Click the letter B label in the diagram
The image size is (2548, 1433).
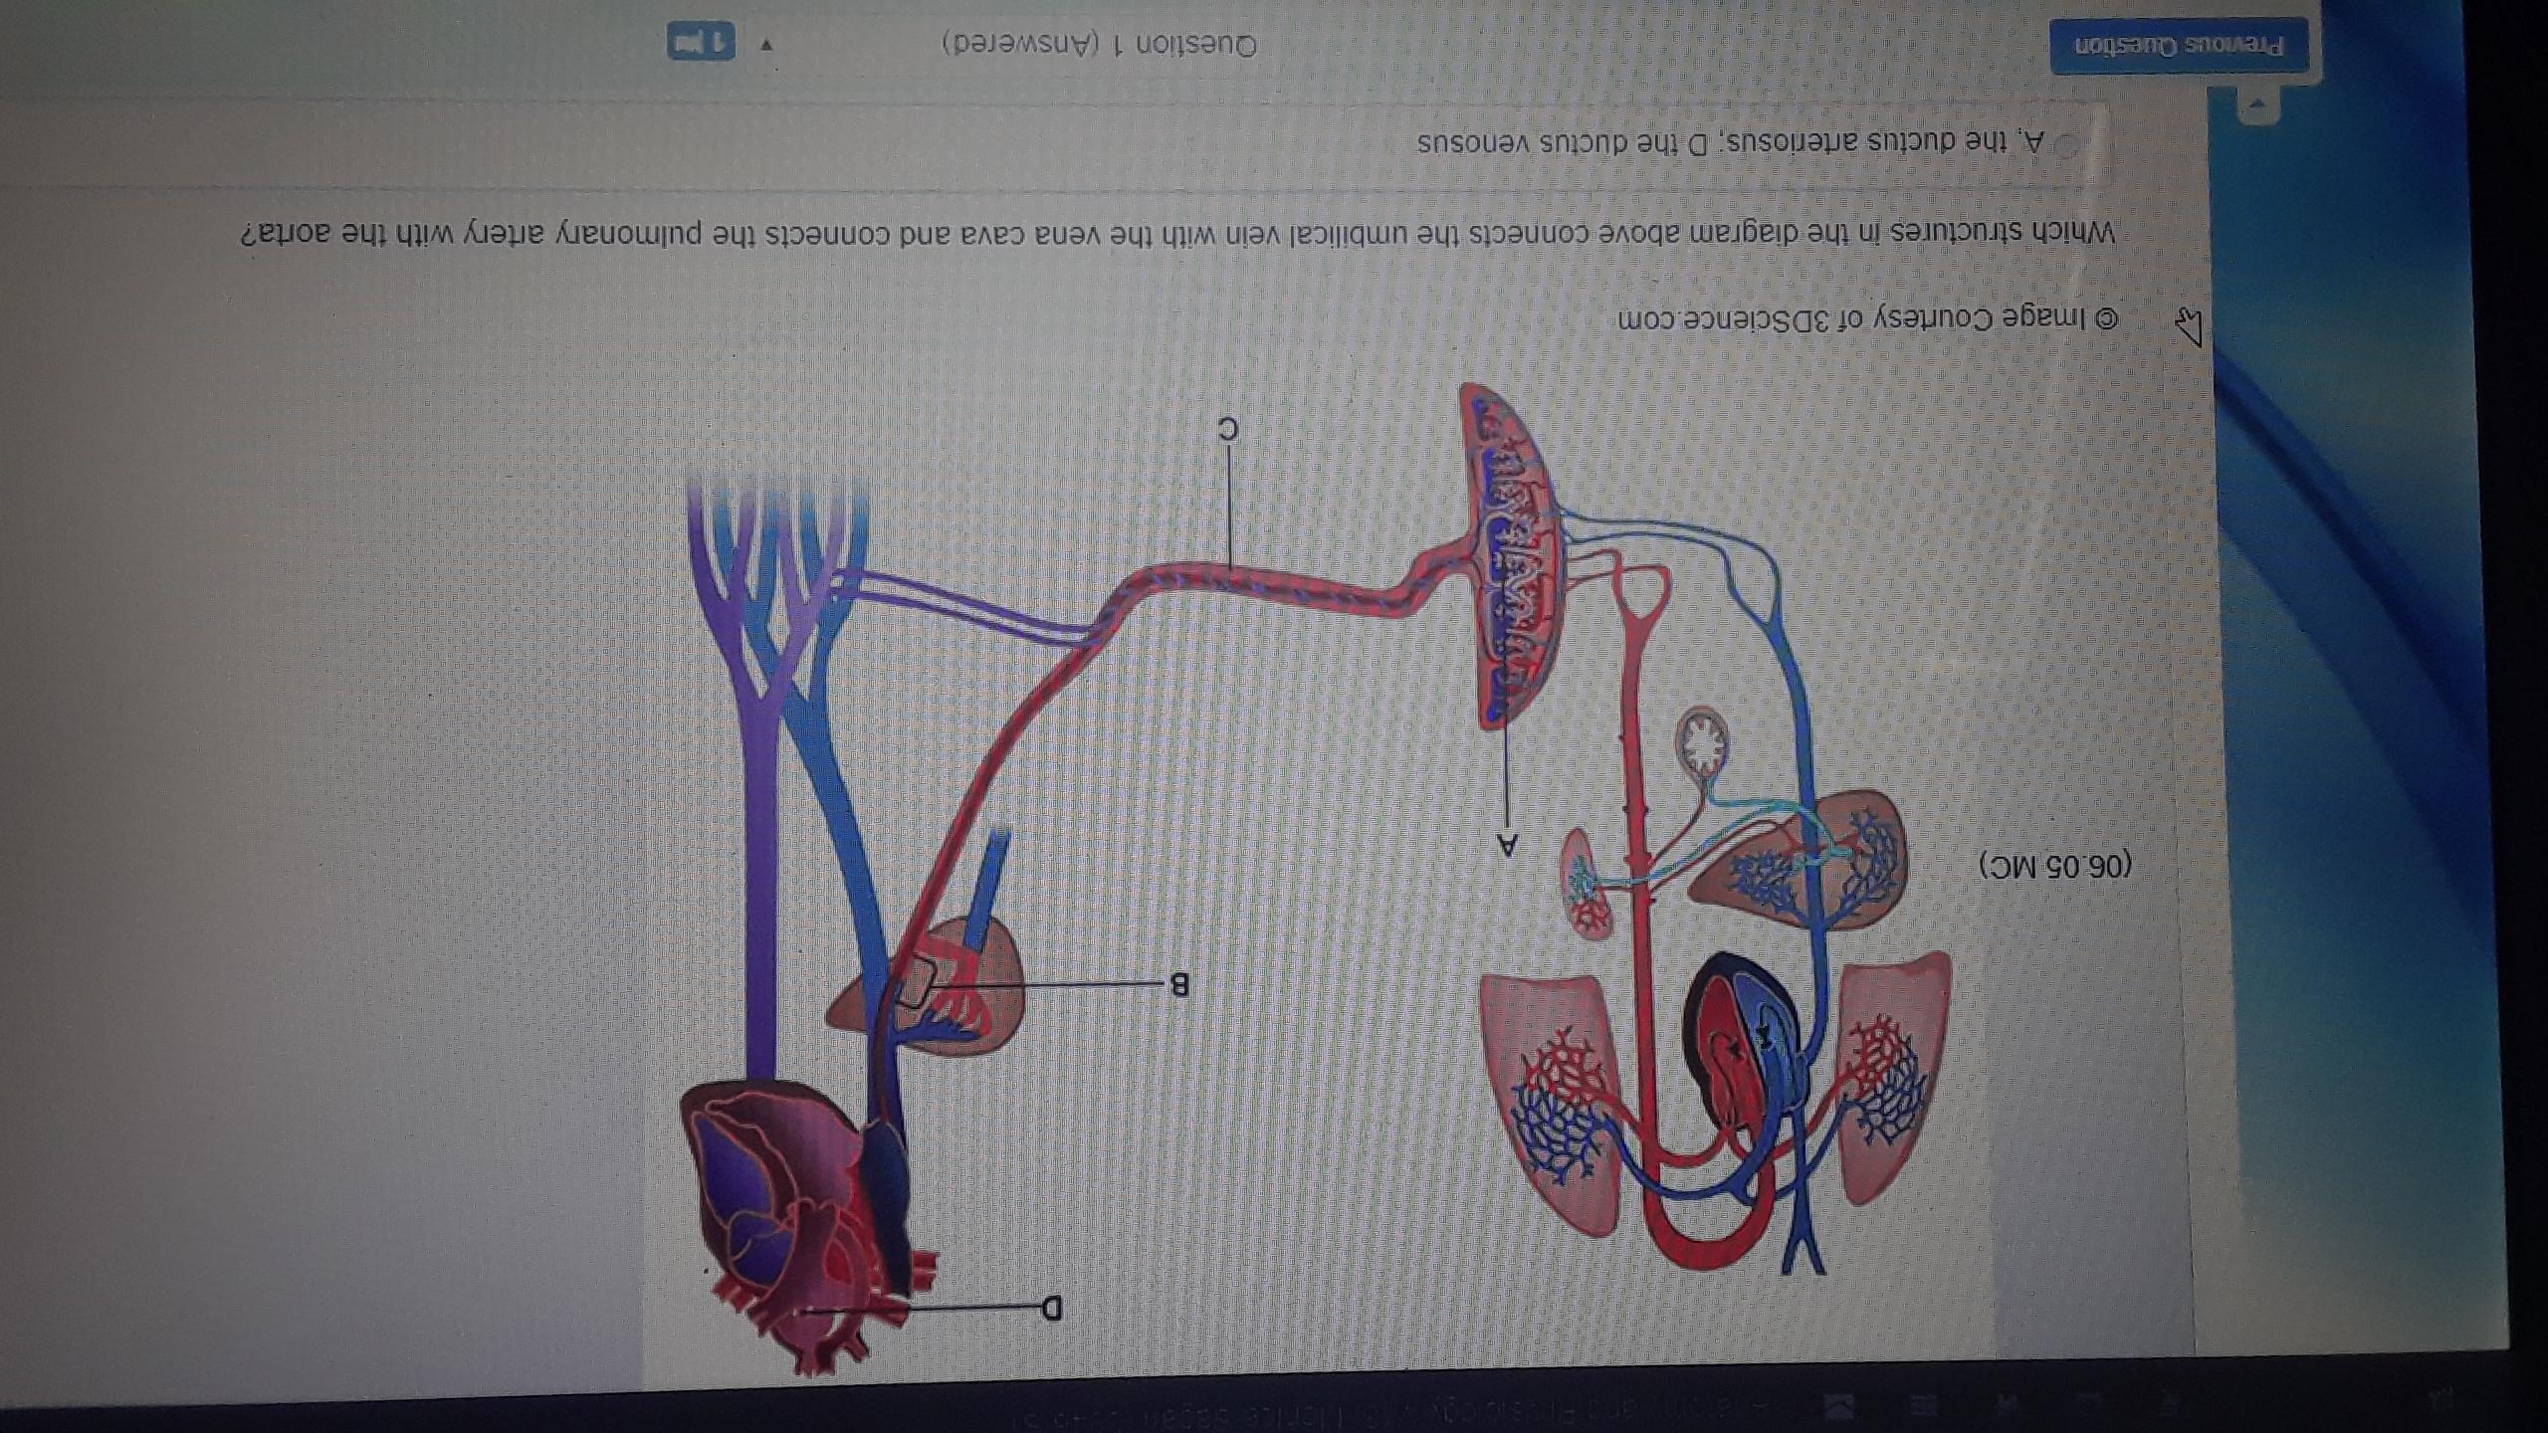point(1178,985)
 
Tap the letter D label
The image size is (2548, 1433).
point(1052,1307)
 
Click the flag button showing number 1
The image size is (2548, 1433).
point(701,43)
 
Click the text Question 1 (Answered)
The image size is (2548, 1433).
point(1100,45)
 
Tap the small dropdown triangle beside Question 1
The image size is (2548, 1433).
point(767,45)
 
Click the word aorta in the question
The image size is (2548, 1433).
point(284,233)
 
